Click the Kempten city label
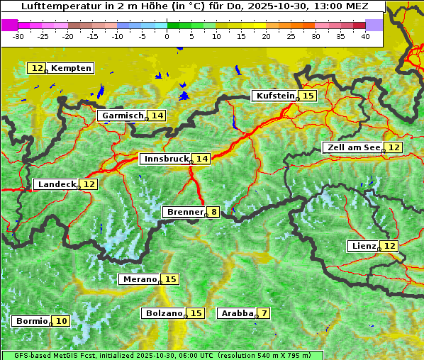click(71, 68)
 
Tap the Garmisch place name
click(123, 116)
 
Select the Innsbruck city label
click(166, 159)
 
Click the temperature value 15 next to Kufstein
click(308, 96)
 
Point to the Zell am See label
click(352, 147)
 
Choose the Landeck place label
click(57, 184)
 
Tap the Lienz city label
click(363, 246)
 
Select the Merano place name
click(139, 280)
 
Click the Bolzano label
click(164, 313)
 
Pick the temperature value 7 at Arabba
click(264, 313)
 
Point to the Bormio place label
click(32, 321)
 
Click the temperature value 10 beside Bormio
click(62, 321)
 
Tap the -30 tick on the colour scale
click(18, 36)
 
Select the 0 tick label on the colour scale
click(167, 36)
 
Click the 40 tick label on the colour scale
click(365, 36)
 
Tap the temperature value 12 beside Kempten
click(37, 68)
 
